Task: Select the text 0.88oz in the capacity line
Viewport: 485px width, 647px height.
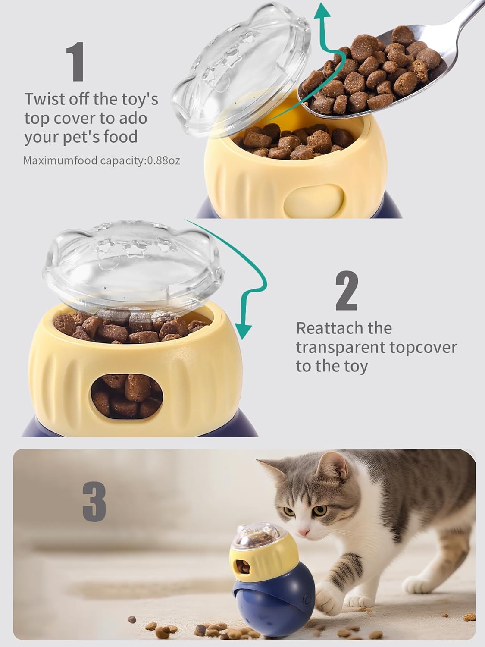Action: tap(163, 161)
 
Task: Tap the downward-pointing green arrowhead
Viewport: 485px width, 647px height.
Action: tap(244, 331)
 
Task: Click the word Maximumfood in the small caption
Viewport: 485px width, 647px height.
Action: tap(60, 161)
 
